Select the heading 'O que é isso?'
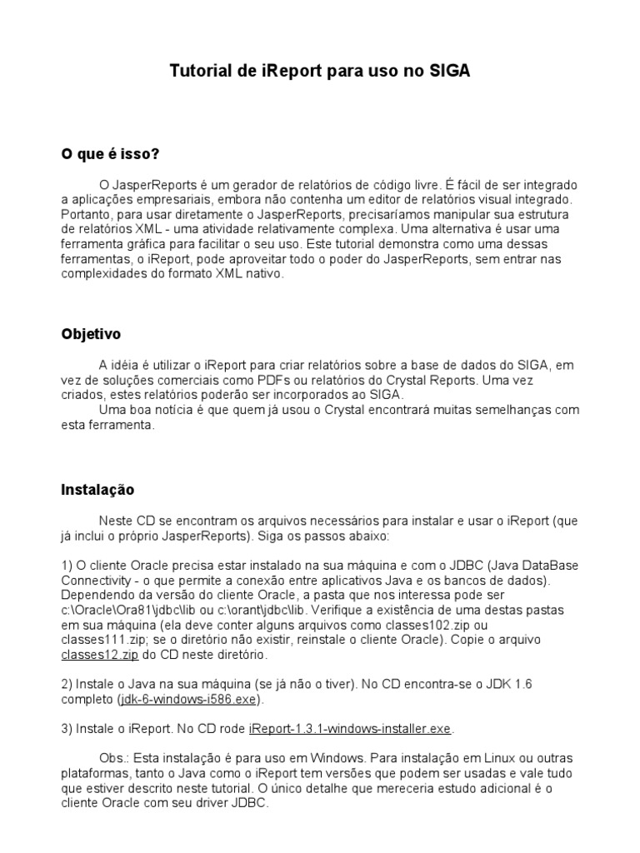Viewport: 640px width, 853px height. tap(110, 154)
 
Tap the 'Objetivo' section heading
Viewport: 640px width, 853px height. tap(91, 334)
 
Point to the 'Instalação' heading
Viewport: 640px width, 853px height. tap(97, 490)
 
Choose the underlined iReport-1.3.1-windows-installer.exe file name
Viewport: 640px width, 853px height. tap(350, 729)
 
